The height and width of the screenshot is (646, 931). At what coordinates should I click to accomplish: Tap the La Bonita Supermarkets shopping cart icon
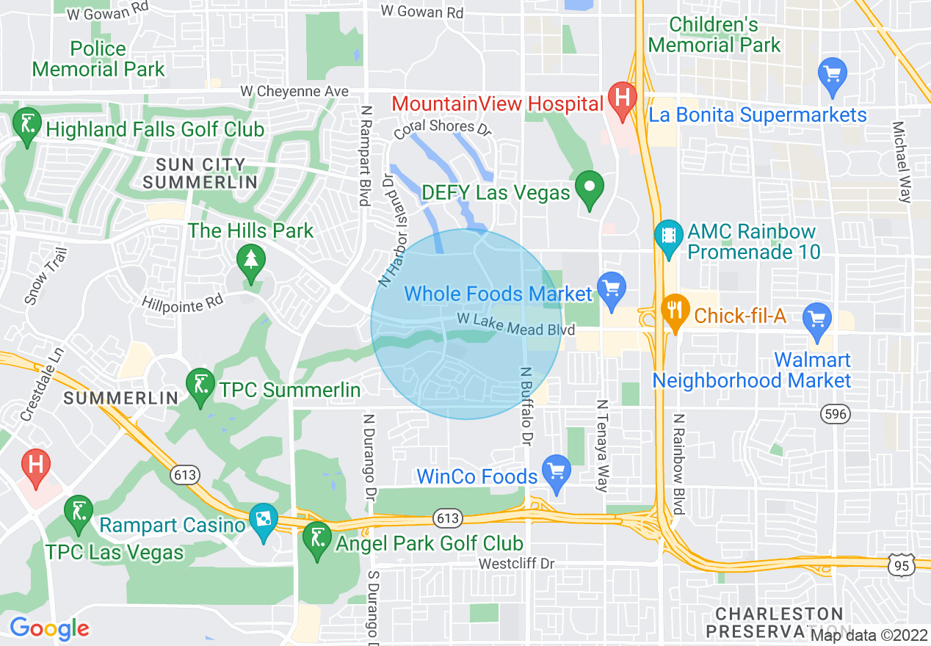click(833, 74)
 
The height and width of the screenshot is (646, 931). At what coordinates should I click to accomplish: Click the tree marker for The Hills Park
click(251, 261)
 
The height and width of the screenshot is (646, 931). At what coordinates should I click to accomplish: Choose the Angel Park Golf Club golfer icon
click(317, 539)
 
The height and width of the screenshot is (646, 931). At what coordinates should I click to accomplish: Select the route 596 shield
click(836, 415)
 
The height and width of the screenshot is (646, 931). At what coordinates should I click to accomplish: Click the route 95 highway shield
click(900, 565)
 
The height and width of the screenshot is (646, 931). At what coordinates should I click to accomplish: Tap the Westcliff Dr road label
click(516, 564)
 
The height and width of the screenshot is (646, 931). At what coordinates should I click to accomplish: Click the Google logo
click(49, 628)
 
